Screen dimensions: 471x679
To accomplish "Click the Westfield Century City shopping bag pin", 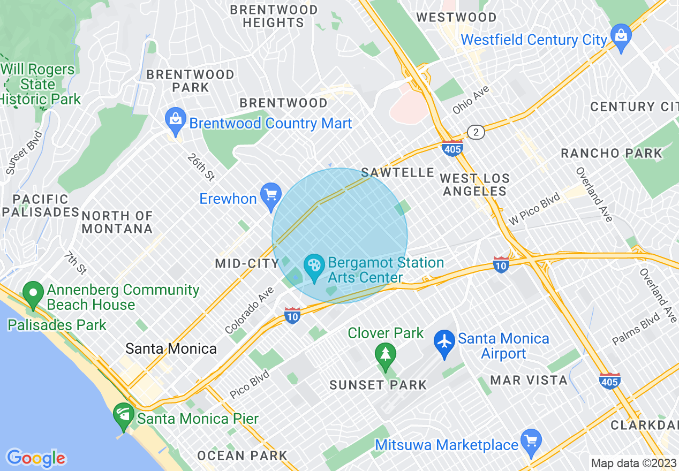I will pyautogui.click(x=621, y=36).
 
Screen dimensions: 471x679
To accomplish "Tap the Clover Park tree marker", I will pyautogui.click(x=385, y=355).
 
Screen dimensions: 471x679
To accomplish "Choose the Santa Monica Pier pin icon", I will pyautogui.click(x=124, y=415).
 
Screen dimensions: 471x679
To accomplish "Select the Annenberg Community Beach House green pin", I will pyautogui.click(x=33, y=294).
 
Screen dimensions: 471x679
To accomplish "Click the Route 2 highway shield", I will pyautogui.click(x=476, y=132).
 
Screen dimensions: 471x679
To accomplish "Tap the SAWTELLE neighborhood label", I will pyautogui.click(x=397, y=172).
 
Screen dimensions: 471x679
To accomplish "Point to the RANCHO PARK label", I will pyautogui.click(x=612, y=154).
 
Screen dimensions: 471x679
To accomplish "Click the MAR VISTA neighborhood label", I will pyautogui.click(x=529, y=380).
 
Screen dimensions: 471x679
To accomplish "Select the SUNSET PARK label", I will pyautogui.click(x=378, y=384).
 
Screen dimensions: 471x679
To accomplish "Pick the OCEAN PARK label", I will pyautogui.click(x=243, y=456).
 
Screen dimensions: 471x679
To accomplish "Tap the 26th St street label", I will pyautogui.click(x=201, y=167).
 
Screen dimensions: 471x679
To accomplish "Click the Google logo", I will pyautogui.click(x=36, y=458).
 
